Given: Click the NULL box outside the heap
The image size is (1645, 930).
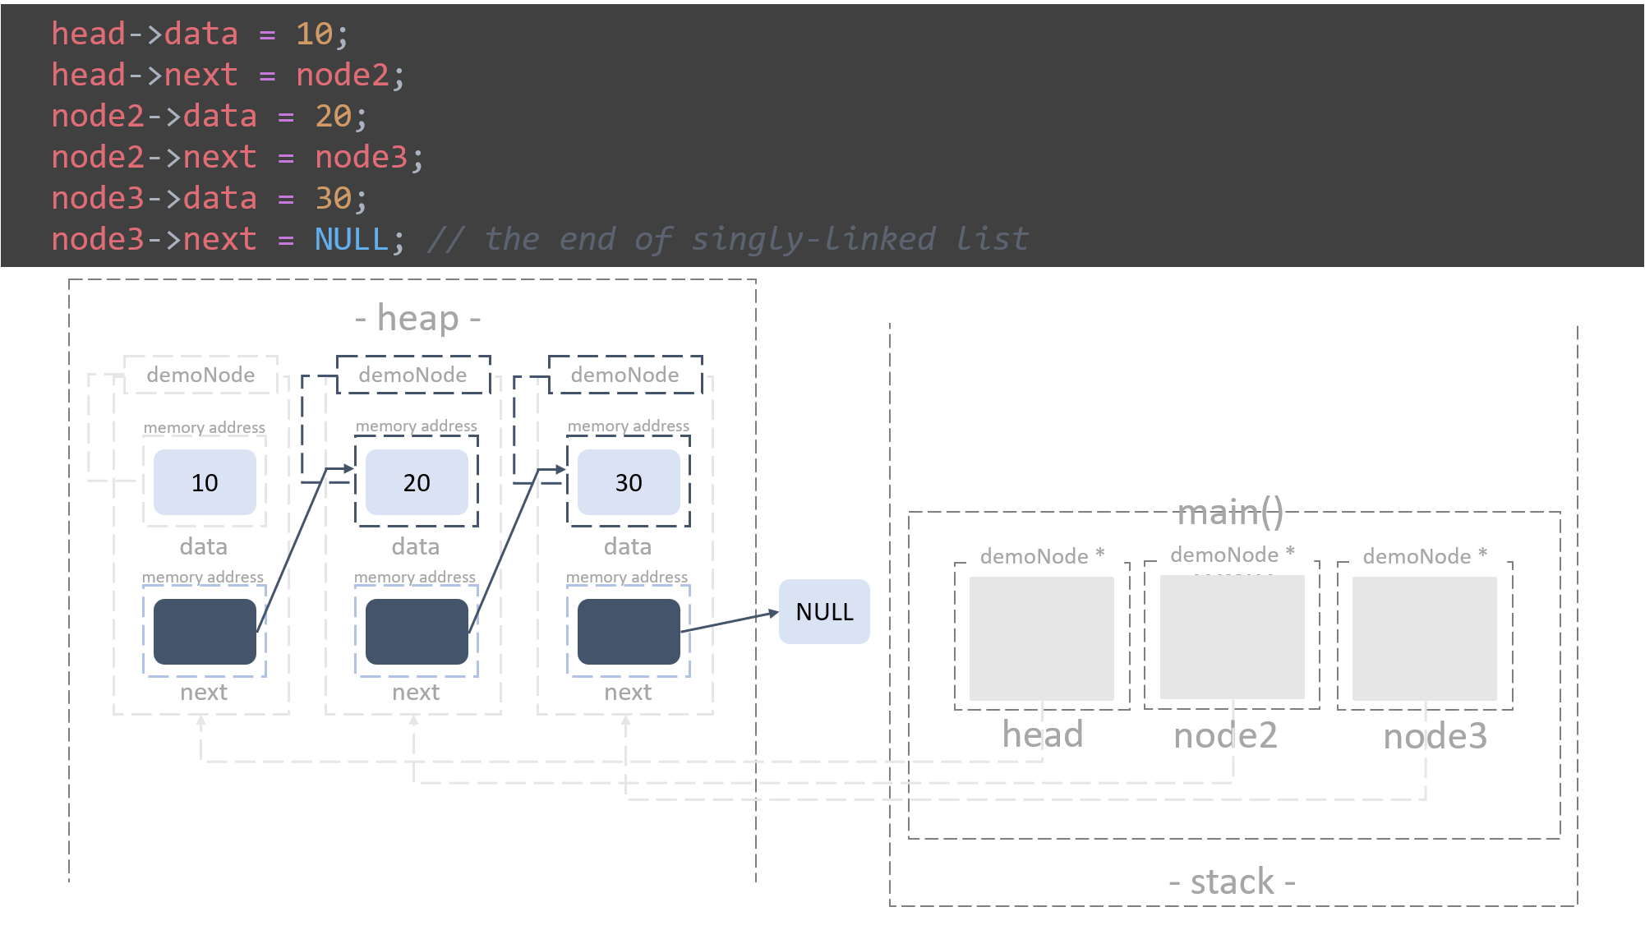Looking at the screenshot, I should [824, 611].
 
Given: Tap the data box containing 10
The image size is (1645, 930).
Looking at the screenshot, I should [205, 482].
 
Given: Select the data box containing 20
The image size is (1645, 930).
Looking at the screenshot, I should [417, 482].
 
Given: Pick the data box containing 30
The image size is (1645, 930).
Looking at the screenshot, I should [629, 482].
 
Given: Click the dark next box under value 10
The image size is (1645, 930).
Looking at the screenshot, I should [205, 631].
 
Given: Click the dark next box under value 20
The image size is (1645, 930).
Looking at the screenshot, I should [417, 631].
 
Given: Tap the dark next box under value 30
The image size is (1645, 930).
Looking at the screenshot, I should [629, 631].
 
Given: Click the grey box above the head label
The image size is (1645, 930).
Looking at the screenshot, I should [1041, 638].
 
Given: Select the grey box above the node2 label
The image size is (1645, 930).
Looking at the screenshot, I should [1232, 638].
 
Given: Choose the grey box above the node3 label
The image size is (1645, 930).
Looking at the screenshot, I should [1424, 638].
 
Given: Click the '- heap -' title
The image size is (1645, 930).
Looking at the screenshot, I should [417, 318].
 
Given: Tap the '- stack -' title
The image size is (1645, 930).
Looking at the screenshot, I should [1232, 882].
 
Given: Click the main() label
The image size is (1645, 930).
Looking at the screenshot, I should [1230, 513].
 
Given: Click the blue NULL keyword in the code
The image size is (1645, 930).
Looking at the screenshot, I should [352, 239].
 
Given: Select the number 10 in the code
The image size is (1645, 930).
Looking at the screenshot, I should [314, 34].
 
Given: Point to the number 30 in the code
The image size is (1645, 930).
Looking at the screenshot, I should [334, 198].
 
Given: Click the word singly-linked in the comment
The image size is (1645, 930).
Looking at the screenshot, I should [813, 239].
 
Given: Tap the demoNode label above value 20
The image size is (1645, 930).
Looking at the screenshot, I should [412, 375].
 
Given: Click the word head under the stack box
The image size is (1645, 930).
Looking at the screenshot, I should [1042, 734].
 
